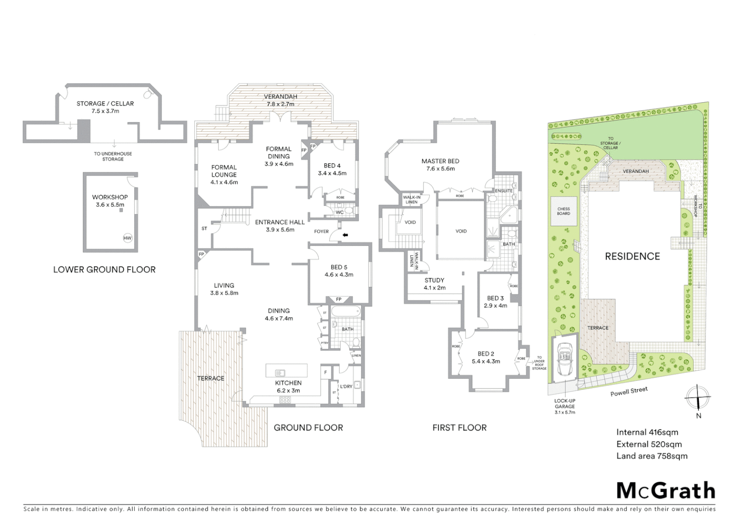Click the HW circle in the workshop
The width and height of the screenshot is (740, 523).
click(x=127, y=238)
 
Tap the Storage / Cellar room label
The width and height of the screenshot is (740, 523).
click(x=105, y=107)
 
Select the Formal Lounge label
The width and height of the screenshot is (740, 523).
click(x=224, y=175)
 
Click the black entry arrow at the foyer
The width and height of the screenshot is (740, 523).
click(x=345, y=235)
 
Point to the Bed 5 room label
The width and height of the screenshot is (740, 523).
click(x=339, y=271)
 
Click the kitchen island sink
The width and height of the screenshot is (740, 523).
click(x=280, y=372)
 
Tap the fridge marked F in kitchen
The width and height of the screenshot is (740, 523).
click(x=326, y=372)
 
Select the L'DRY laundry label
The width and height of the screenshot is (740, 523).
click(x=346, y=386)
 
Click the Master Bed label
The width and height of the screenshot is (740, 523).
click(x=440, y=165)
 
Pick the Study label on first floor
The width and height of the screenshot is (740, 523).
click(x=434, y=284)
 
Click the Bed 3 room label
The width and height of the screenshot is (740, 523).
click(x=495, y=302)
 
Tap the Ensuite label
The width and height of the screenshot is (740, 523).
click(x=504, y=191)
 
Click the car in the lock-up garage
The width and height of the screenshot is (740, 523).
click(x=565, y=359)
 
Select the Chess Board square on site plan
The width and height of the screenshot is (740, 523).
click(x=564, y=211)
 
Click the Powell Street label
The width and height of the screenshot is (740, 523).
click(x=629, y=391)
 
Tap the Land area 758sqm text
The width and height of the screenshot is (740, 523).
click(x=651, y=456)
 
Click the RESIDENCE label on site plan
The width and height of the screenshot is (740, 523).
click(x=632, y=256)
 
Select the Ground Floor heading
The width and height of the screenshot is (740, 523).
click(x=308, y=428)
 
